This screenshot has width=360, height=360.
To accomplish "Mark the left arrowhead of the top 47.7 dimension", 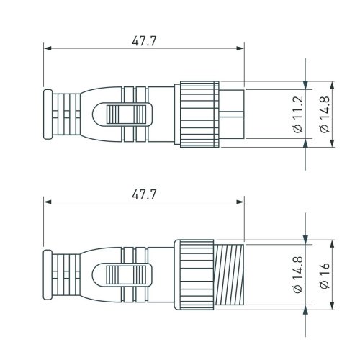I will coord(48,49).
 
